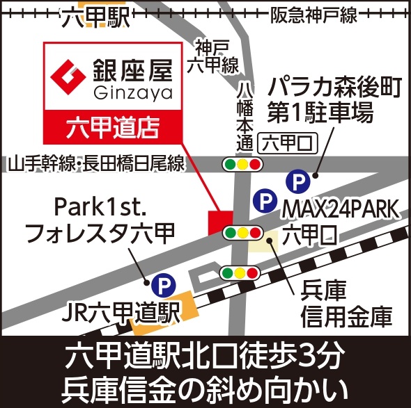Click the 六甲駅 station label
pyautogui.click(x=95, y=17)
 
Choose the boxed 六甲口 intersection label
pyautogui.click(x=287, y=144)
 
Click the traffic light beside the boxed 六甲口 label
pyautogui.click(x=242, y=165)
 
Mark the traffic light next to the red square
pyautogui.click(x=242, y=231)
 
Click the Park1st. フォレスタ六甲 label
pyautogui.click(x=99, y=220)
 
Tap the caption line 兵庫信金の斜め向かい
pyautogui.click(x=205, y=386)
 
